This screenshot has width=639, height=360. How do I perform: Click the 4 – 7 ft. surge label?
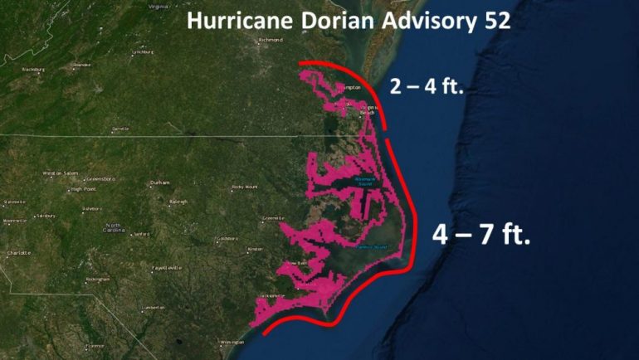point(480,235)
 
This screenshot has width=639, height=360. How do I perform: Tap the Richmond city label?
point(271,40)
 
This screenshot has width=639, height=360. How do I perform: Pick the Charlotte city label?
point(19,252)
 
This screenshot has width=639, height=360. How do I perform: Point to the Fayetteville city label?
point(164,269)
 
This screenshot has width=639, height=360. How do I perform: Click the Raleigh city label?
point(178,201)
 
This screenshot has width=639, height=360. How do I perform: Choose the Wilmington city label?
point(232,342)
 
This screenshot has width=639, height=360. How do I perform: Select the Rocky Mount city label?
point(245,187)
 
